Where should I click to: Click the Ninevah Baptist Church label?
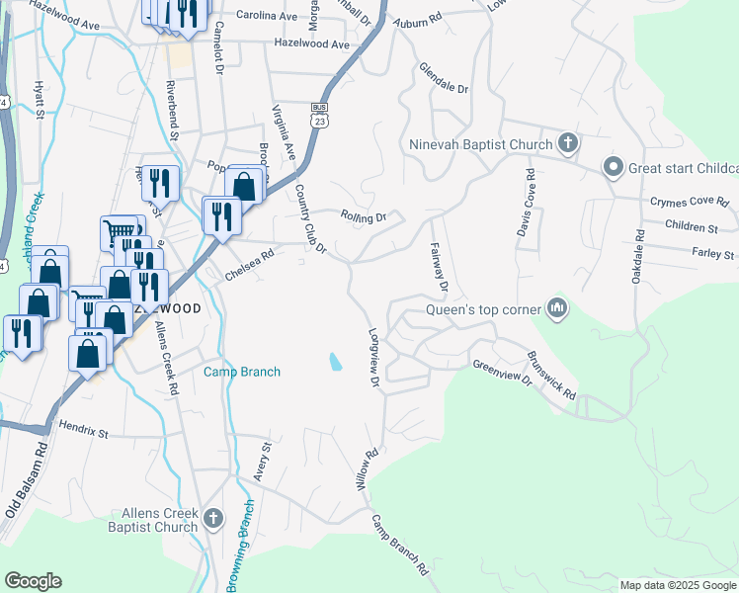click(480, 145)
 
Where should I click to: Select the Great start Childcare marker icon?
click(612, 167)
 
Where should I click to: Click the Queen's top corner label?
click(482, 309)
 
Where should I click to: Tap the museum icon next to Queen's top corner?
click(557, 309)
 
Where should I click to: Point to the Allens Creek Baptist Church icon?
click(213, 517)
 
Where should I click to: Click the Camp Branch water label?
click(242, 372)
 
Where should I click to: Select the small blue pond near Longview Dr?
click(336, 363)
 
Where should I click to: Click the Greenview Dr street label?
click(503, 374)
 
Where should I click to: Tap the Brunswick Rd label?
click(551, 376)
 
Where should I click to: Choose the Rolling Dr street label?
click(362, 216)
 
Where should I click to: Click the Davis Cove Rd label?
click(527, 203)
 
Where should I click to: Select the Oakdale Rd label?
click(637, 256)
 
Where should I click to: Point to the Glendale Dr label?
click(444, 79)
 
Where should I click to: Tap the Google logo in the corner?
click(33, 581)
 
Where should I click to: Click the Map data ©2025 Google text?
click(677, 585)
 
